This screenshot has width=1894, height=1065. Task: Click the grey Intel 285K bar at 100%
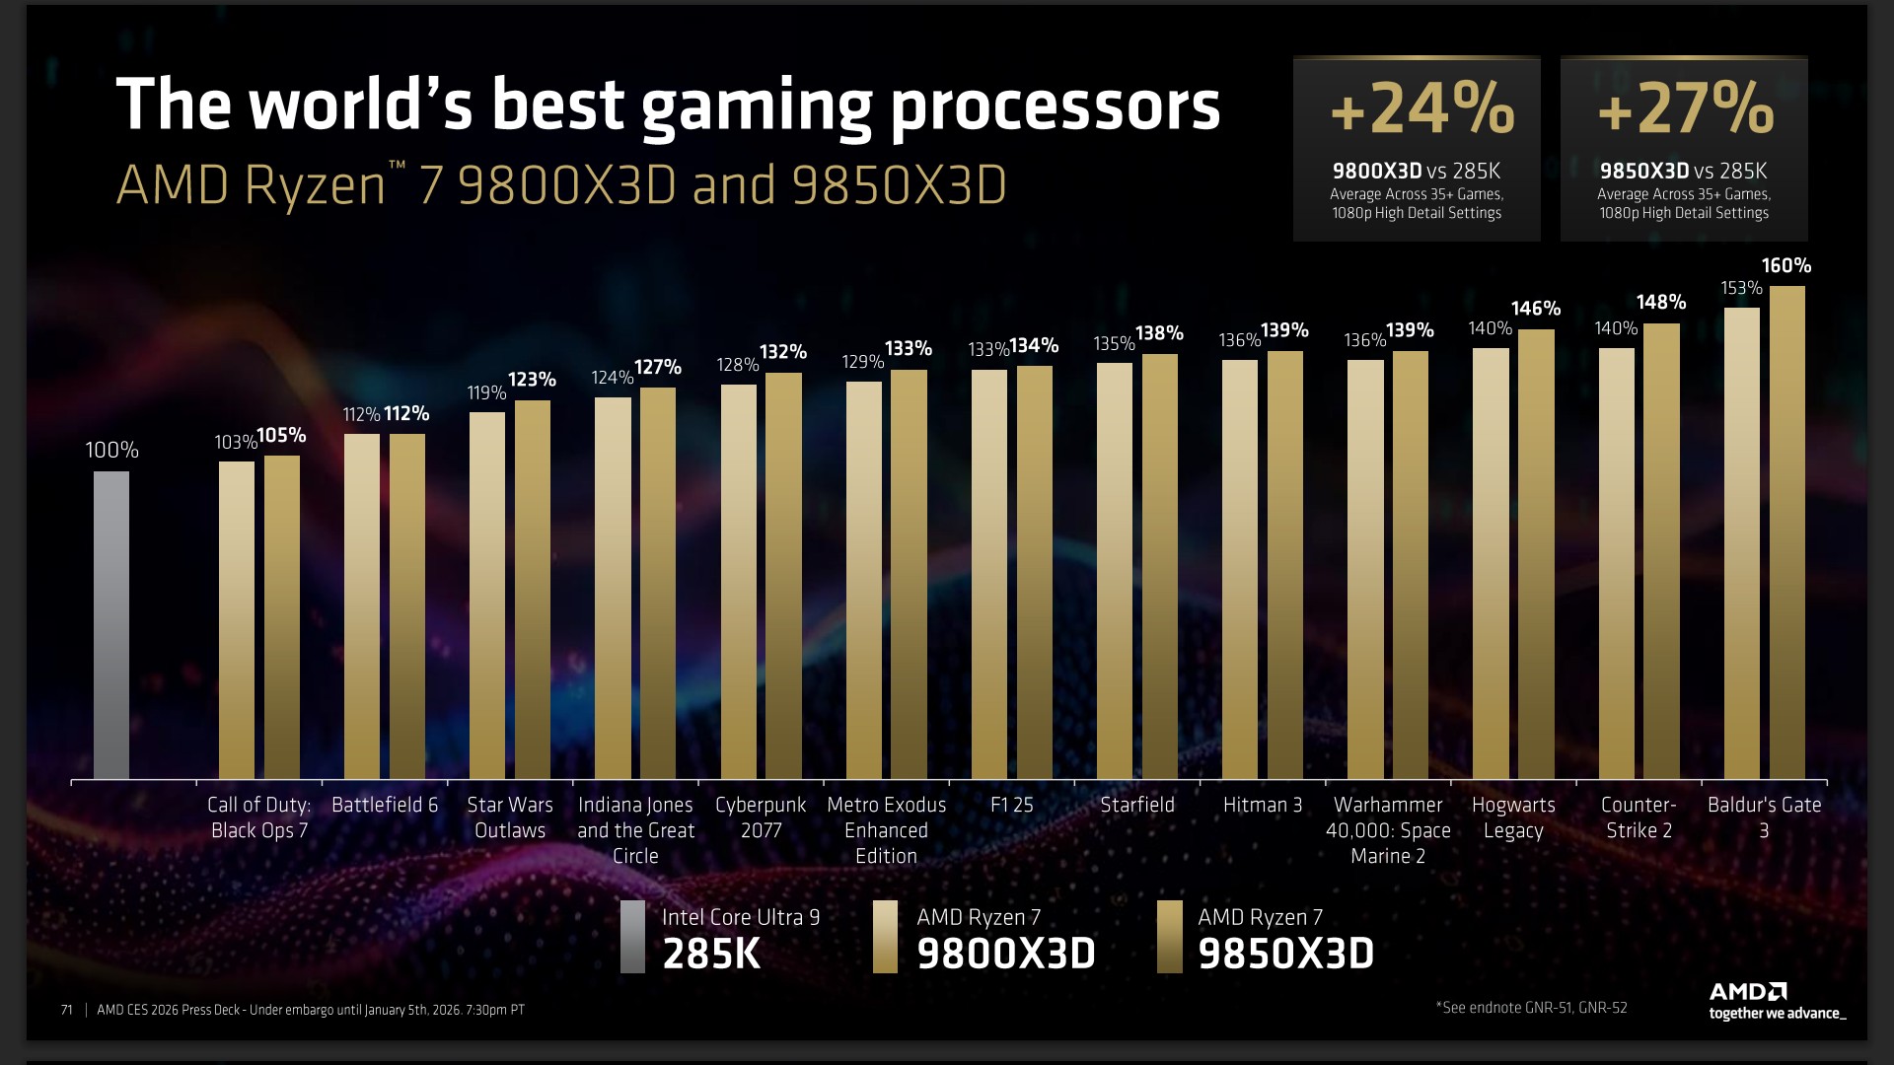[111, 625]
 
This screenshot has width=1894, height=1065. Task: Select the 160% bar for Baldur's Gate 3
[1786, 532]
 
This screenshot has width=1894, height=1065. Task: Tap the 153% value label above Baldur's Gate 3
[1741, 288]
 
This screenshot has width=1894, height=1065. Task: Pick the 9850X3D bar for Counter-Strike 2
[1661, 551]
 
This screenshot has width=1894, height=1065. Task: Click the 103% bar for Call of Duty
[237, 620]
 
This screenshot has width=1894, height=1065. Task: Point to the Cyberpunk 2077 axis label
[761, 817]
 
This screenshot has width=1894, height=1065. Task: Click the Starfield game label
[1137, 805]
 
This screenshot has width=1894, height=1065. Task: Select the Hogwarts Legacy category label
[1513, 817]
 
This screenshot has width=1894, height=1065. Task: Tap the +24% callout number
[1421, 107]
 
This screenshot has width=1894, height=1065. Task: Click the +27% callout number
[1685, 107]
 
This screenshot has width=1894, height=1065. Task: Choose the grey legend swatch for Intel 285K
[632, 937]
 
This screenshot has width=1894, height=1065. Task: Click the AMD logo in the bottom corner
[1748, 991]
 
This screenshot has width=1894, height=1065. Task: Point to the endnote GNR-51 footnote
[1531, 1007]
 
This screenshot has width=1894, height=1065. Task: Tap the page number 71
[66, 1010]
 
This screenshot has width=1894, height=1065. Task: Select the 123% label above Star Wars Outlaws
[532, 380]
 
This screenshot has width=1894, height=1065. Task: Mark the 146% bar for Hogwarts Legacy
[1536, 554]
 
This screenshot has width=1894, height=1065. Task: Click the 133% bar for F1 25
[989, 575]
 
